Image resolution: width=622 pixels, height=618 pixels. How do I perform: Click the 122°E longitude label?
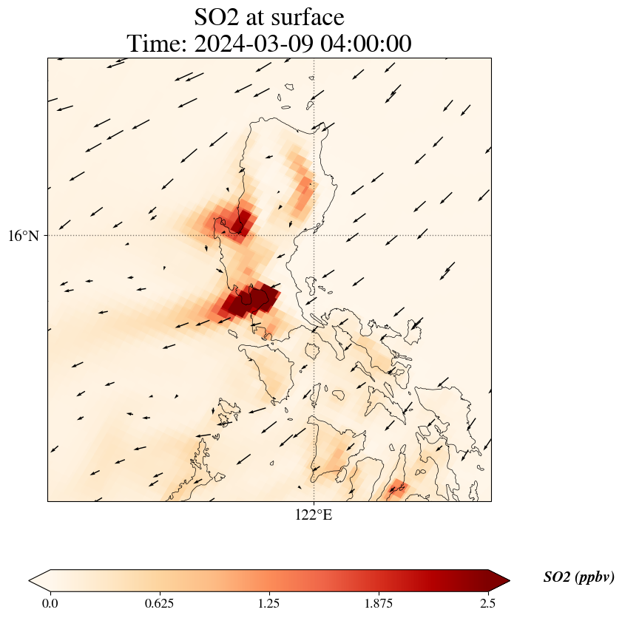[x=314, y=515]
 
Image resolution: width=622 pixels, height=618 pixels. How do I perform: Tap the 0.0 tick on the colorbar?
[x=50, y=603]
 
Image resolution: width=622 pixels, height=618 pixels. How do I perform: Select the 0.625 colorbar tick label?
[x=159, y=603]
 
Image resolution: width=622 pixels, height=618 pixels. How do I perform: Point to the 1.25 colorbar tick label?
[x=268, y=603]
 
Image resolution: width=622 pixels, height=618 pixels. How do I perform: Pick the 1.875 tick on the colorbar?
[x=379, y=603]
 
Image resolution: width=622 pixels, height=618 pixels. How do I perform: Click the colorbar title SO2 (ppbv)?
[x=578, y=577]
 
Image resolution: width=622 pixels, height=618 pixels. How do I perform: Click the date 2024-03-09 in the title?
[x=249, y=44]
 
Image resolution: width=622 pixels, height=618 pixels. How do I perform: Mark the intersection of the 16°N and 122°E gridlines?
[x=314, y=236]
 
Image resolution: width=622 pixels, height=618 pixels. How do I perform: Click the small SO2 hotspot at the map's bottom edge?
[x=398, y=487]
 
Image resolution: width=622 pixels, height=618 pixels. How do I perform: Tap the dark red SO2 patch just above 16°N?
[x=240, y=222]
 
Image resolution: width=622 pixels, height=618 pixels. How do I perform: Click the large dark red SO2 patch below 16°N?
[x=251, y=300]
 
